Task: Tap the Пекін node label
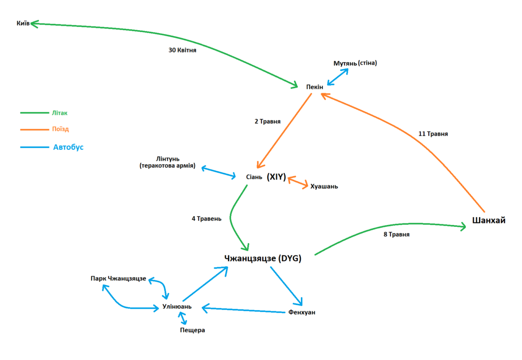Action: click(315, 87)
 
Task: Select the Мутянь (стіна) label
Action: click(355, 63)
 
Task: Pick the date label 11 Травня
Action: click(433, 134)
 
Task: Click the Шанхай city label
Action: click(488, 220)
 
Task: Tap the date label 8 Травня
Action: click(397, 235)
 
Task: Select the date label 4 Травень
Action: click(206, 219)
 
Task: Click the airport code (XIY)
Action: click(276, 177)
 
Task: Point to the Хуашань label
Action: click(324, 187)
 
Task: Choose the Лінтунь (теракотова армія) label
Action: click(167, 162)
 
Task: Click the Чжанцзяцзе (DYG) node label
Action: click(263, 259)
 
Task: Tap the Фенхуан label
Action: click(302, 312)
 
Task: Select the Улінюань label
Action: click(176, 306)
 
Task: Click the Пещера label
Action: click(192, 330)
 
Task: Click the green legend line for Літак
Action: click(34, 113)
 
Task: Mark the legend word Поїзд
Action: click(60, 130)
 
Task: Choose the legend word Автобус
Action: click(68, 147)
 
